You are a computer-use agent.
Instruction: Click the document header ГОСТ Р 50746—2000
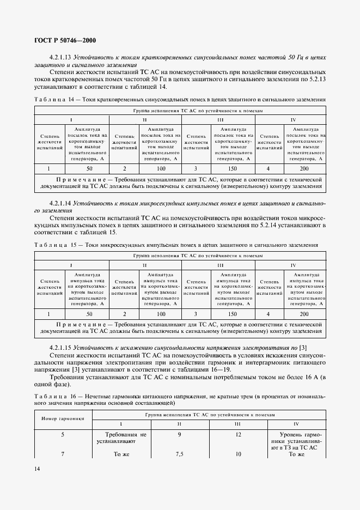(x=65, y=40)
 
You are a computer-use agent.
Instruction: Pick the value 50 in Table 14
(x=90, y=169)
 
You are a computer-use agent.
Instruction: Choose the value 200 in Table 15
(x=303, y=314)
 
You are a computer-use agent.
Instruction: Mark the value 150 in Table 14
(x=233, y=169)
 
